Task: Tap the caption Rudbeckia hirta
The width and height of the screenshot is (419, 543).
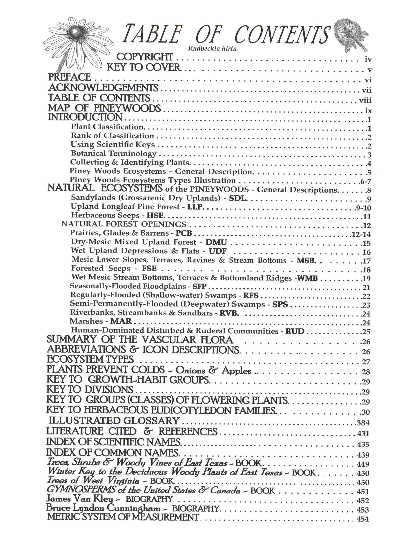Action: pos(212,48)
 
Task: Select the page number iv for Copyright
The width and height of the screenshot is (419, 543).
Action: pos(368,60)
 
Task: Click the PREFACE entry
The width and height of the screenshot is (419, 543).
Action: pos(70,77)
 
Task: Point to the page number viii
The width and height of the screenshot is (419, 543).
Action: pos(365,100)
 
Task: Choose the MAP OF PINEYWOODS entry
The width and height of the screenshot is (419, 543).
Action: pos(104,108)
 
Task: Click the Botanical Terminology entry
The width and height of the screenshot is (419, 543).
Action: pos(113,153)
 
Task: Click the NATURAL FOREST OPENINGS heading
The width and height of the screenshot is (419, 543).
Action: pos(124,224)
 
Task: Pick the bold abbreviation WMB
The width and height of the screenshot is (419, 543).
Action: pos(308,278)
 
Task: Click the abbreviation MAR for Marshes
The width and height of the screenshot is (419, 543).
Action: pos(121,321)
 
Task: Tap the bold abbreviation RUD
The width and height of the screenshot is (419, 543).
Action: pos(295,331)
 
